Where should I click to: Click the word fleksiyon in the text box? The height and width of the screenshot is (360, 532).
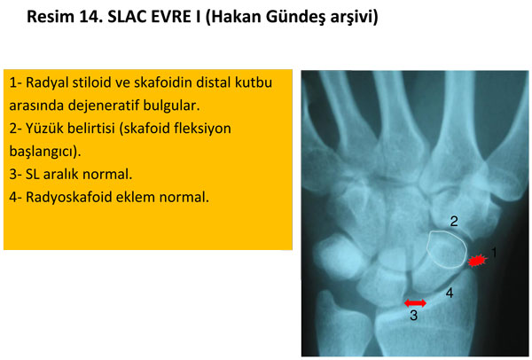[x=202, y=129]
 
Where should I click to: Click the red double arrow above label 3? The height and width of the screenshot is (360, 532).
[x=414, y=303]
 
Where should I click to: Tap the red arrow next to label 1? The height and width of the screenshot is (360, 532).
[x=478, y=261]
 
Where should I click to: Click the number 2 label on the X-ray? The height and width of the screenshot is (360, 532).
[x=453, y=221]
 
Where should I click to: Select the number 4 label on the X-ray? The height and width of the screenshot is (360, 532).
[x=450, y=293]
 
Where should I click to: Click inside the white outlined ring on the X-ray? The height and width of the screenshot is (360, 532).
[x=445, y=248]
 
